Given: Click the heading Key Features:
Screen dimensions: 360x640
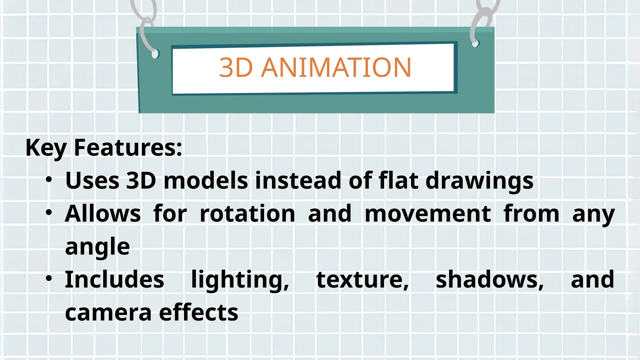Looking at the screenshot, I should [x=104, y=147].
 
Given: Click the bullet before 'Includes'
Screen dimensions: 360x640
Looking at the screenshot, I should [x=49, y=278].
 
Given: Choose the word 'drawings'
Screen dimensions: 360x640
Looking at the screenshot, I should [x=479, y=181].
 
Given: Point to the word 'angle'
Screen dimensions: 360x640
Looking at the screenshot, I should [x=97, y=247].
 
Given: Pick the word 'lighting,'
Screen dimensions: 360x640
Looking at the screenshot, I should [x=240, y=280].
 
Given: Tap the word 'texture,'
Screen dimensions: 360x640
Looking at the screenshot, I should [x=362, y=280].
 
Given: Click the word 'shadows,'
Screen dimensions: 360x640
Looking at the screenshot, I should [x=490, y=280].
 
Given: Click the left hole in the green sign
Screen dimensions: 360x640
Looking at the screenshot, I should [x=155, y=54].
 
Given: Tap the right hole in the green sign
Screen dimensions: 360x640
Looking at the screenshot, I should [x=475, y=43].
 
